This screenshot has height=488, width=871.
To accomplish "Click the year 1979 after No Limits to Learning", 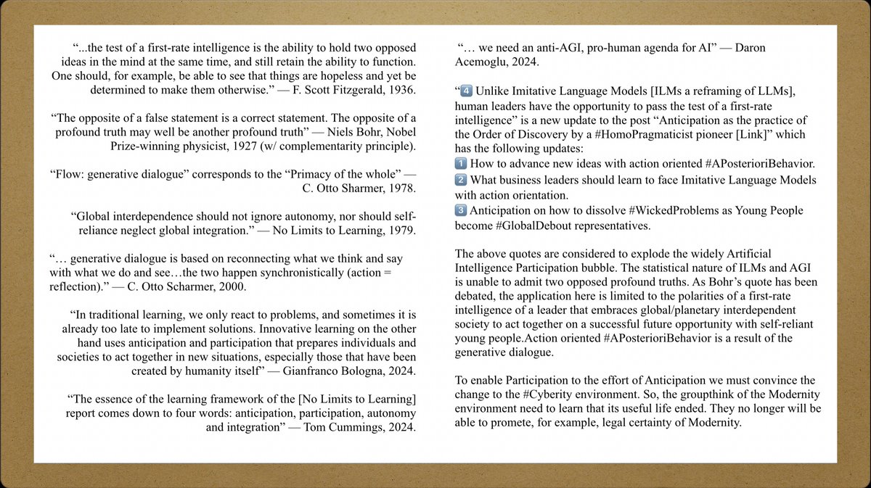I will click(x=401, y=231).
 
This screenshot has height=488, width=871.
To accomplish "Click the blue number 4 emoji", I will click(x=467, y=91).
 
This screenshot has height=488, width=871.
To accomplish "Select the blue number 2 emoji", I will click(x=461, y=179).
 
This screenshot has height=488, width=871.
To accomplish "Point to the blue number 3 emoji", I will click(x=461, y=210).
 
